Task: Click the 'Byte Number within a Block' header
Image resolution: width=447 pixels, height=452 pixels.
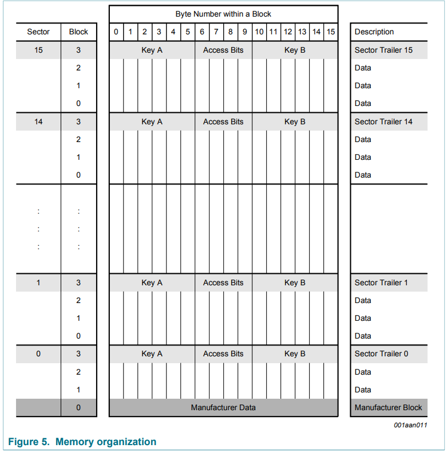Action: click(223, 14)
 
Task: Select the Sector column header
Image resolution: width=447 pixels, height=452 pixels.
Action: click(38, 32)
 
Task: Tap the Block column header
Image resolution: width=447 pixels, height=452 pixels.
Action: click(78, 32)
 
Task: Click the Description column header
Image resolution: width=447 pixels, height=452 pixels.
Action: click(374, 32)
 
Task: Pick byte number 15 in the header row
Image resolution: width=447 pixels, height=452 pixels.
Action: click(331, 32)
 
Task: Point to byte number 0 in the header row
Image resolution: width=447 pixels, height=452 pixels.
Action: click(116, 32)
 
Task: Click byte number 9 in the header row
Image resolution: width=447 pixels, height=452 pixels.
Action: click(245, 32)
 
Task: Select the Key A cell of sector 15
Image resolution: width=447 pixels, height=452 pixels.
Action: click(152, 50)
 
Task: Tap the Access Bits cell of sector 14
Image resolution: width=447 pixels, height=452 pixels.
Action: click(223, 121)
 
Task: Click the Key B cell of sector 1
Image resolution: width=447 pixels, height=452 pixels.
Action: click(295, 282)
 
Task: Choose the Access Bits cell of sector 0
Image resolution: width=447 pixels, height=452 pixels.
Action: click(223, 354)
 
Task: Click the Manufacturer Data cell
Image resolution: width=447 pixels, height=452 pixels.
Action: click(223, 407)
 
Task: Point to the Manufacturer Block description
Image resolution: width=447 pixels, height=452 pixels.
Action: click(388, 407)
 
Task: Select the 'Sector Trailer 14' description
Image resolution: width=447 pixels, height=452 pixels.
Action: click(383, 121)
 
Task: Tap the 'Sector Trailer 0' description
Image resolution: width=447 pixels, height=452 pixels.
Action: click(381, 354)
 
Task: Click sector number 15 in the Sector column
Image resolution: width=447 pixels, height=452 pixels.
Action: click(38, 50)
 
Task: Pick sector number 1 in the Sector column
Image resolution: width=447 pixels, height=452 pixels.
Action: click(38, 282)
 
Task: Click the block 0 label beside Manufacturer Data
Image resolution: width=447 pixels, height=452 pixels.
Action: click(78, 407)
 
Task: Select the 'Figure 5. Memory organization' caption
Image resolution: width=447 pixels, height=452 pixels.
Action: click(82, 442)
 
